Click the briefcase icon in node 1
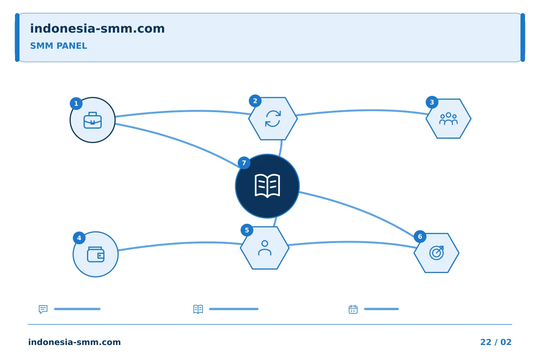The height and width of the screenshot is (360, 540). [93, 120]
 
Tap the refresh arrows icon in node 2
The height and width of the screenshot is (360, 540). [273, 118]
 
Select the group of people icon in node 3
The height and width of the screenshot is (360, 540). [448, 118]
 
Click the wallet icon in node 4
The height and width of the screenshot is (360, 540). [96, 254]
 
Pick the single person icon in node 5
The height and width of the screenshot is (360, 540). [265, 248]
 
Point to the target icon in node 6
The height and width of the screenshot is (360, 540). [436, 253]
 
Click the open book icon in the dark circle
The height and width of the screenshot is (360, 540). [267, 186]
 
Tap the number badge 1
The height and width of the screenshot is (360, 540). [76, 103]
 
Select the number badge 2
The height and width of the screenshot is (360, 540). [255, 101]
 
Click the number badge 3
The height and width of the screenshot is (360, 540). [432, 102]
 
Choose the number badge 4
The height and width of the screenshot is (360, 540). [79, 238]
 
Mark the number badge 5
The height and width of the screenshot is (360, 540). [247, 230]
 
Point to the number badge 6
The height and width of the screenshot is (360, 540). [420, 237]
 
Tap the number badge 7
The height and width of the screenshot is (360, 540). [244, 163]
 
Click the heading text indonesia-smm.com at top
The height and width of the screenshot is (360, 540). [97, 28]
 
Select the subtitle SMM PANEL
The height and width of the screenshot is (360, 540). [58, 46]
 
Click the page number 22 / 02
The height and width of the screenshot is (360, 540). [496, 342]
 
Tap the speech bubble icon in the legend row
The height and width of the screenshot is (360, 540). [43, 309]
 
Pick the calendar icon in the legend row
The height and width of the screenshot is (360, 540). [353, 309]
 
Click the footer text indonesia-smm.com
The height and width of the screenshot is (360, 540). [75, 342]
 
